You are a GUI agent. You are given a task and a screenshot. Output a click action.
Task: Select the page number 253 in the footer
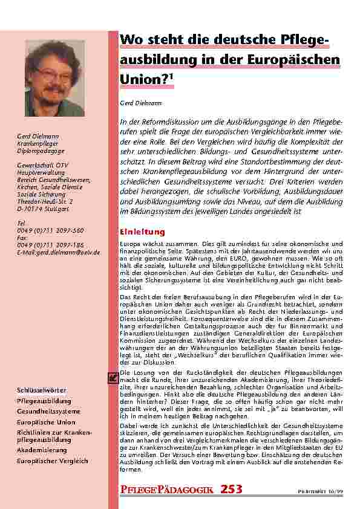232,488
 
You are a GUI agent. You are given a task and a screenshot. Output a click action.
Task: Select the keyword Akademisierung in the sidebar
42,450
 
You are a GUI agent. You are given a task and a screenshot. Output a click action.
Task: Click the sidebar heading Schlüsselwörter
42,391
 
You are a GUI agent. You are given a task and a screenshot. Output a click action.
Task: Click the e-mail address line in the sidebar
58,252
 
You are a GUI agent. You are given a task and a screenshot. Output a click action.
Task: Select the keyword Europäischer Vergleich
52,461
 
